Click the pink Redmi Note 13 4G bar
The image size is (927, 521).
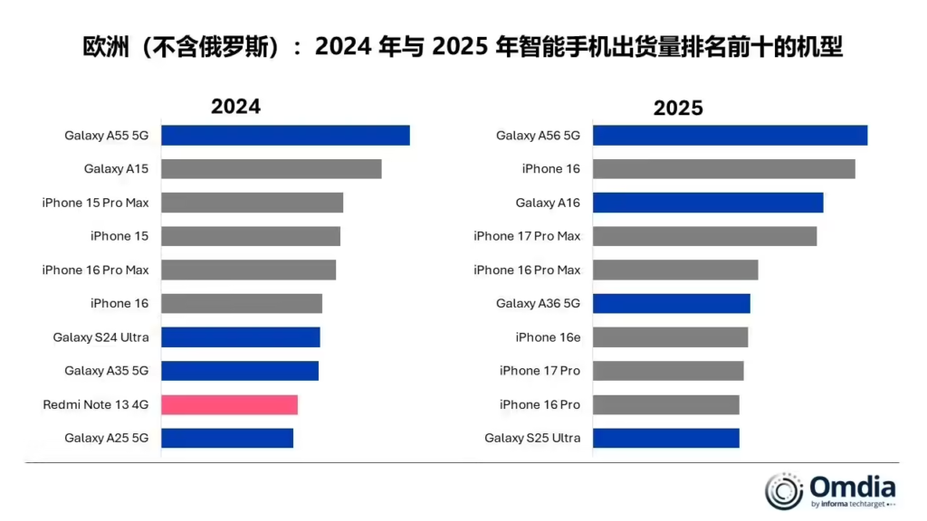[x=229, y=404]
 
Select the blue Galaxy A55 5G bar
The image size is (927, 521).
[x=285, y=135]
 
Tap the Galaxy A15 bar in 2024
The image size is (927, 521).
[x=272, y=169]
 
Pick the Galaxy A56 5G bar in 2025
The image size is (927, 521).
[x=730, y=135]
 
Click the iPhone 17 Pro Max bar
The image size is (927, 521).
[x=704, y=236]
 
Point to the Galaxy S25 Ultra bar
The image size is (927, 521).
[x=665, y=438]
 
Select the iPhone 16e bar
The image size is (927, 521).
[x=670, y=337]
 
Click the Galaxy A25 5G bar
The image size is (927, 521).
[x=227, y=438]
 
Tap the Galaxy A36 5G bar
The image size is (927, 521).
[x=671, y=303]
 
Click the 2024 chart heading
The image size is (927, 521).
[x=235, y=106]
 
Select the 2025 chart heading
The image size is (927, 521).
[x=678, y=108]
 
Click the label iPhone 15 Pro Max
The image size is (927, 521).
[x=95, y=203]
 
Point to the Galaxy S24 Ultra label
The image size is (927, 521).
[x=100, y=337]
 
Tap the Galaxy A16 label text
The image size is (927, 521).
[x=548, y=203]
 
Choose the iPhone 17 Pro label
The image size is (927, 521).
[x=540, y=371]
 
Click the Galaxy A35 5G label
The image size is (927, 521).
[x=106, y=371]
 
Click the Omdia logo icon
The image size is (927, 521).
[x=784, y=490]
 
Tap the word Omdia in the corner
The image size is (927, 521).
[x=852, y=486]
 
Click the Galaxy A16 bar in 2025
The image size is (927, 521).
[x=708, y=203]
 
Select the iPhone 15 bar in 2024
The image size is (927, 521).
[x=251, y=236]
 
